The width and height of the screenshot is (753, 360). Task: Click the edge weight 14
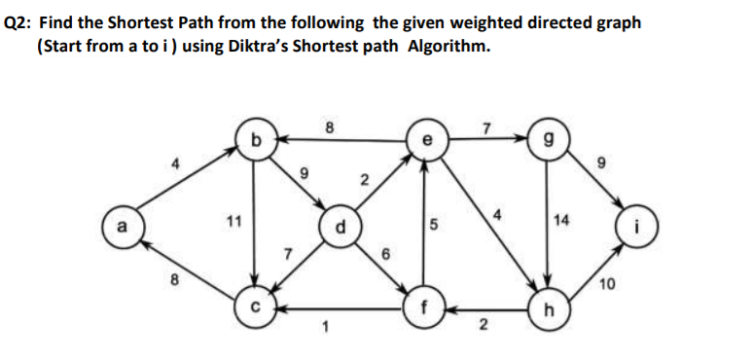click(x=561, y=221)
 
